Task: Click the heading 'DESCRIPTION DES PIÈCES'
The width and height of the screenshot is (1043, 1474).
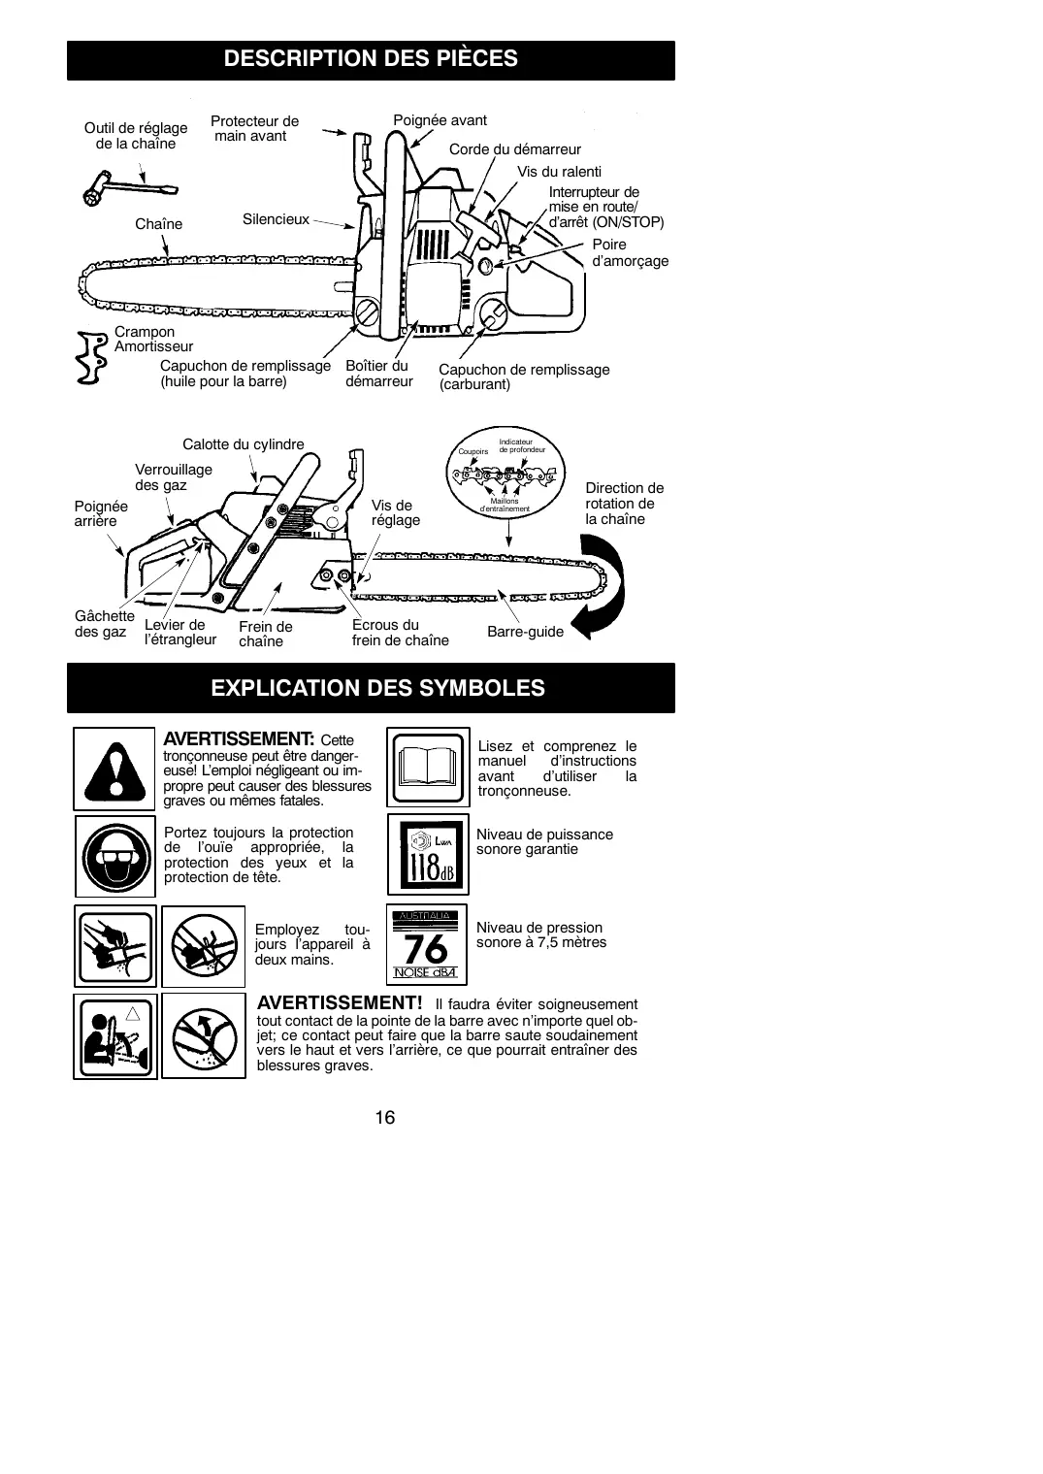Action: pyautogui.click(x=371, y=59)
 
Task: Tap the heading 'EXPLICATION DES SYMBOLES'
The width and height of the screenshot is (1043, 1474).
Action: pyautogui.click(x=377, y=688)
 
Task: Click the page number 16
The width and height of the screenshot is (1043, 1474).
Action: pyautogui.click(x=385, y=1117)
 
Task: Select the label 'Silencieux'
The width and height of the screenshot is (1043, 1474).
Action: pyautogui.click(x=276, y=219)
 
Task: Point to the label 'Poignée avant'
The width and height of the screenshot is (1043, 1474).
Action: pyautogui.click(x=440, y=120)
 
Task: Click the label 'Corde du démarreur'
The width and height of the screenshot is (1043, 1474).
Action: pyautogui.click(x=514, y=149)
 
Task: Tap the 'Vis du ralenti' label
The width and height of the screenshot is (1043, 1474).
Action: pyautogui.click(x=559, y=172)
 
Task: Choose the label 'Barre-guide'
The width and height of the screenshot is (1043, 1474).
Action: pyautogui.click(x=525, y=632)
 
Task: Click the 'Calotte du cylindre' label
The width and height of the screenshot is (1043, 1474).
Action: pyautogui.click(x=243, y=444)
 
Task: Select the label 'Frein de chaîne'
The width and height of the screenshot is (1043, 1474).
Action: pyautogui.click(x=265, y=634)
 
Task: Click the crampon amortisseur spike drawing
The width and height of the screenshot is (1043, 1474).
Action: pyautogui.click(x=92, y=358)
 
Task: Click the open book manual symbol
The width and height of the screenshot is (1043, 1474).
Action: pyautogui.click(x=428, y=768)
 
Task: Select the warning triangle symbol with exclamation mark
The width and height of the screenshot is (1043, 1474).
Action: pyautogui.click(x=114, y=769)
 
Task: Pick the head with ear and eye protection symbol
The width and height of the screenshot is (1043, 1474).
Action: pyautogui.click(x=114, y=856)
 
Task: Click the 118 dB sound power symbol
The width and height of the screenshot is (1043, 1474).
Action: pyautogui.click(x=428, y=854)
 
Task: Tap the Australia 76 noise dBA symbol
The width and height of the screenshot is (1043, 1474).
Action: pyautogui.click(x=428, y=945)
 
